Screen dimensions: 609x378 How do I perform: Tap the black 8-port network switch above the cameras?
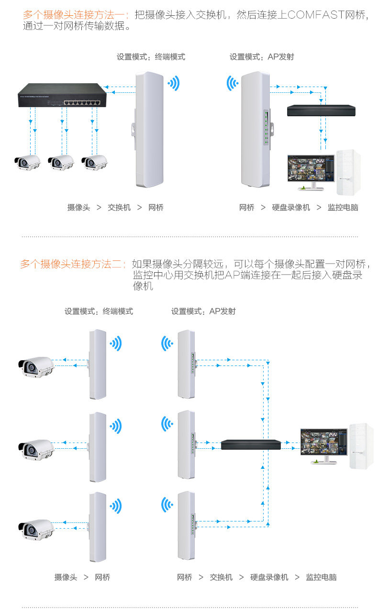coord(62,95)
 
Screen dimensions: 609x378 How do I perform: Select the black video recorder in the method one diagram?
coord(321,111)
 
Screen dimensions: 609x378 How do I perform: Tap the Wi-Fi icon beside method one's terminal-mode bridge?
coord(173,83)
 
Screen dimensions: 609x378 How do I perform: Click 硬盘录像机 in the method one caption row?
coord(291,208)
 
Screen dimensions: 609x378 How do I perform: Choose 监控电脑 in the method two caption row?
coord(321,577)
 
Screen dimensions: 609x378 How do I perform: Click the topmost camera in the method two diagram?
coord(36,366)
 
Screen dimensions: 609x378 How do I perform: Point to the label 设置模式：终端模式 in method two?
coord(99,311)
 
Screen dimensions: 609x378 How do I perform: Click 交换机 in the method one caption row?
coord(119,208)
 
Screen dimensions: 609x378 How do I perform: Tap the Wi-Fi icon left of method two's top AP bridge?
coord(167,343)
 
